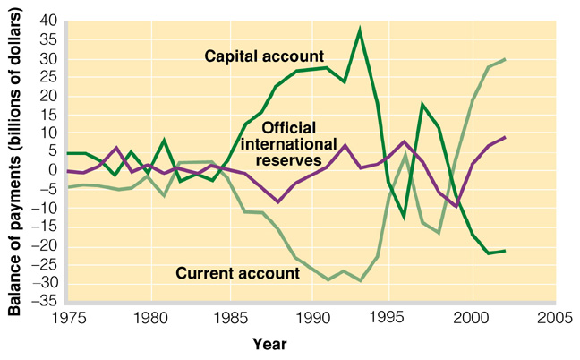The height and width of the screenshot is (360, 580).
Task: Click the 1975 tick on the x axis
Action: click(70, 318)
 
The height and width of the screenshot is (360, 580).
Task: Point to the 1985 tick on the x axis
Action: click(232, 318)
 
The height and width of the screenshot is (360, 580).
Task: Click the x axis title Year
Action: click(269, 342)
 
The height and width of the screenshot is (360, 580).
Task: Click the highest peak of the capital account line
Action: click(360, 30)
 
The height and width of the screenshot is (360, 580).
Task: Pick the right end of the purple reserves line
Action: click(506, 137)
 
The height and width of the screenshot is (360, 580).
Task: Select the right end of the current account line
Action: click(506, 59)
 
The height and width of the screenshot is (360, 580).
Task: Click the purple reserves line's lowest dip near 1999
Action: click(457, 206)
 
